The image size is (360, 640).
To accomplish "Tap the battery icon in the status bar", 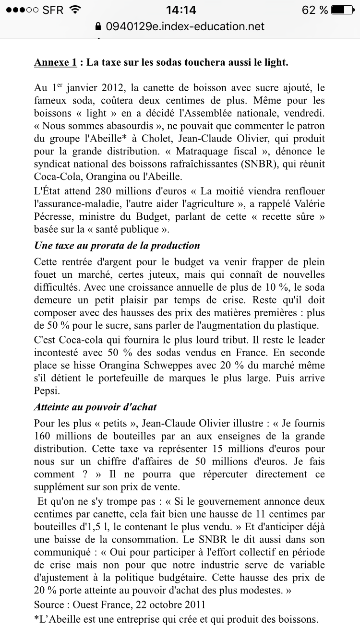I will coord(345,10).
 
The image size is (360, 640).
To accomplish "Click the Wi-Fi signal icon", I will coord(75,10).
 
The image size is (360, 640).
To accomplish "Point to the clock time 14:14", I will coord(180,10).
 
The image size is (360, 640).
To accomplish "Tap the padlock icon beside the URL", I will coord(99,27).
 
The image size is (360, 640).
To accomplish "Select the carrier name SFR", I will coord(52,10).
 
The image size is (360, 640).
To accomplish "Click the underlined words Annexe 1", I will coord(55,62).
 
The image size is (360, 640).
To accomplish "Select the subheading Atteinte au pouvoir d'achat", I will coord(95,407).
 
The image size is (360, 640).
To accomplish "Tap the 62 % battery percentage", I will coord(315,10).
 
